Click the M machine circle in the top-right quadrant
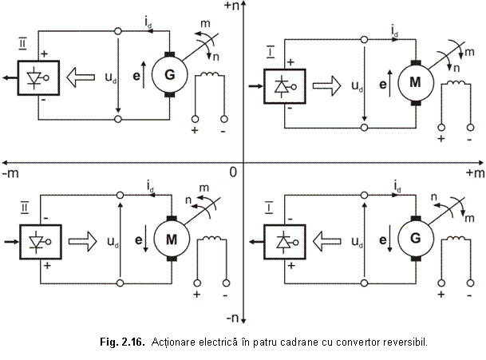click(414, 82)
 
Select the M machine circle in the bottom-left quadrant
click(169, 238)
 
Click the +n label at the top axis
click(232, 6)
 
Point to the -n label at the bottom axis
click(232, 318)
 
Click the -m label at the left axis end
click(10, 172)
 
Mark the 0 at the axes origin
click(232, 172)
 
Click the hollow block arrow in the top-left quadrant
click(80, 77)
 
